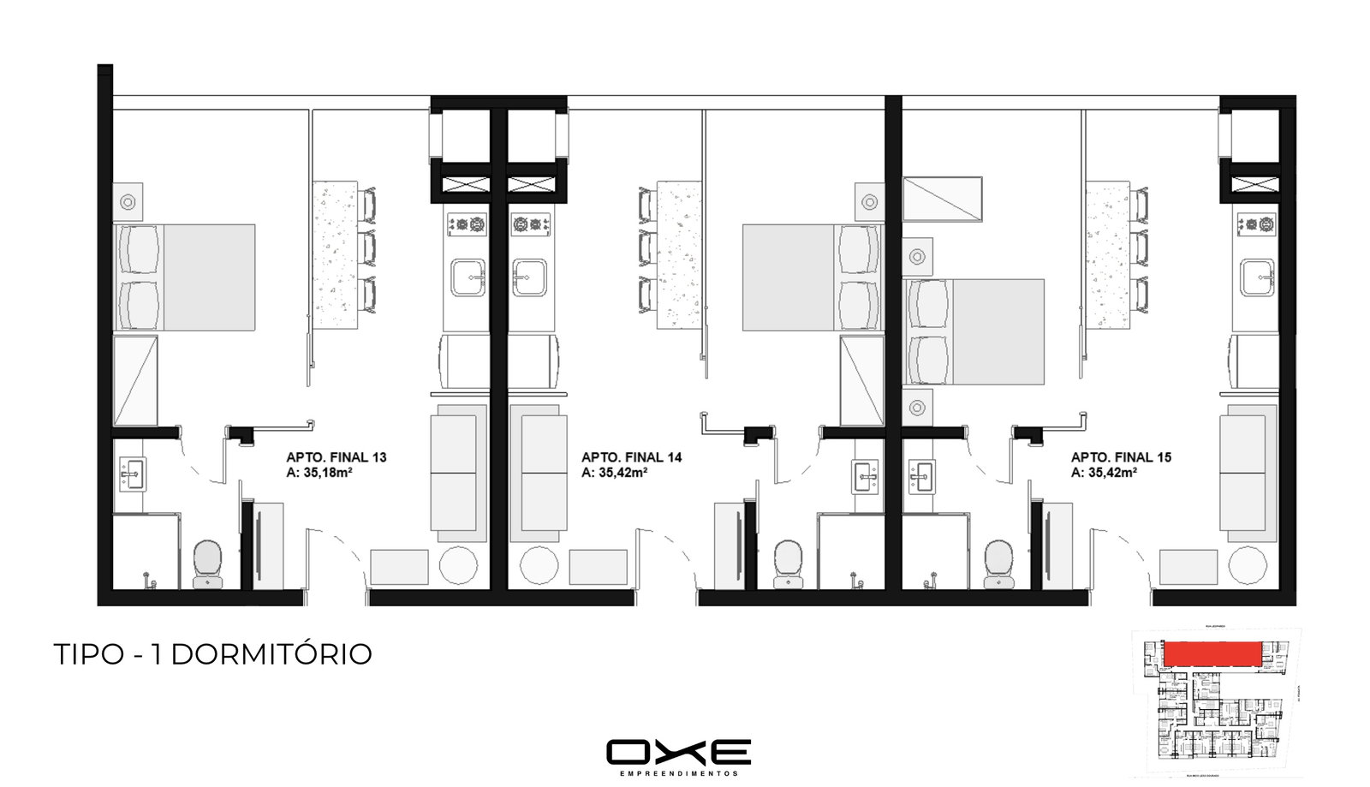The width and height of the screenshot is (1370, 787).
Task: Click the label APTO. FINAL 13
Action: (x=336, y=457)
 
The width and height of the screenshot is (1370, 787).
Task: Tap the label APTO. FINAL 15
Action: (x=1121, y=457)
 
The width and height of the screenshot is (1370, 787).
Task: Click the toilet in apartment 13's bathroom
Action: (x=207, y=563)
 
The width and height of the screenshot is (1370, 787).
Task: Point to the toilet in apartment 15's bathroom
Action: (x=998, y=563)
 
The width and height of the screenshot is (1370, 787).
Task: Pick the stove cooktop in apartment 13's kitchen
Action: (x=467, y=225)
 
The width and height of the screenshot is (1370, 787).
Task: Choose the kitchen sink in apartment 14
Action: (x=530, y=277)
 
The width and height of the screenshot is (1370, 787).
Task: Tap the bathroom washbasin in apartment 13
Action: (x=133, y=474)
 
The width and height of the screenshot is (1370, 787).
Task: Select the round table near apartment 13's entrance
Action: (x=459, y=566)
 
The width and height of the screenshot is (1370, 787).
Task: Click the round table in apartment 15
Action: (x=1248, y=566)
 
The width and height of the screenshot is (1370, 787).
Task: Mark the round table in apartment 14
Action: (x=539, y=566)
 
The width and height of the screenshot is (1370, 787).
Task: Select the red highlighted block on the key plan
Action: (x=1212, y=653)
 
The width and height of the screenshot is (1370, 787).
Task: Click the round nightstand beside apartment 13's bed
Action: (x=128, y=202)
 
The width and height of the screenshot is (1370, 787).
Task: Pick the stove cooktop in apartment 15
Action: (x=1256, y=225)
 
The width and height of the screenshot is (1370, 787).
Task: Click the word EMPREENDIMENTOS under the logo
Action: (x=678, y=773)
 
